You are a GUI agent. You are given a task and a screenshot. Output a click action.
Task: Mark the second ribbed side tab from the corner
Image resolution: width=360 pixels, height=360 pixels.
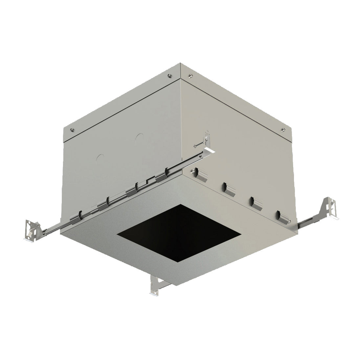point(228,188)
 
